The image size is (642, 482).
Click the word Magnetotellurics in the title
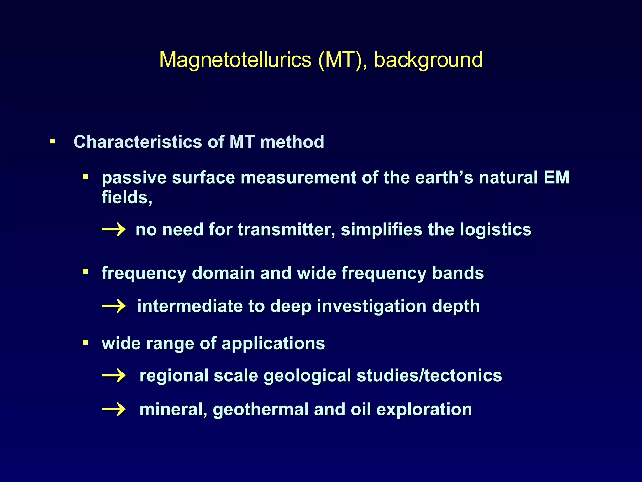point(235,60)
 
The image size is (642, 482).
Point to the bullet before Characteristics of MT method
point(53,142)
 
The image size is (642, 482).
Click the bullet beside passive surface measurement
point(85,177)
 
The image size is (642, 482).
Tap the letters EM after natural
point(556,177)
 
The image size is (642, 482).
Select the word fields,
point(127,198)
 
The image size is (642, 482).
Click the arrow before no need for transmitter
point(114,230)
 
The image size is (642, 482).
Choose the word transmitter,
point(286,230)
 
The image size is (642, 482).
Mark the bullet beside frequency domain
point(85,271)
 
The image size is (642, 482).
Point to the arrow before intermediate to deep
point(114,306)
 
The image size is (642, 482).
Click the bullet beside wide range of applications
point(85,343)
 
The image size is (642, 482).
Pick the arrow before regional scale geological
point(114,376)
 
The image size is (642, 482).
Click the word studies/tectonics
point(429,376)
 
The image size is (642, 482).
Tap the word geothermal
point(261,410)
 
